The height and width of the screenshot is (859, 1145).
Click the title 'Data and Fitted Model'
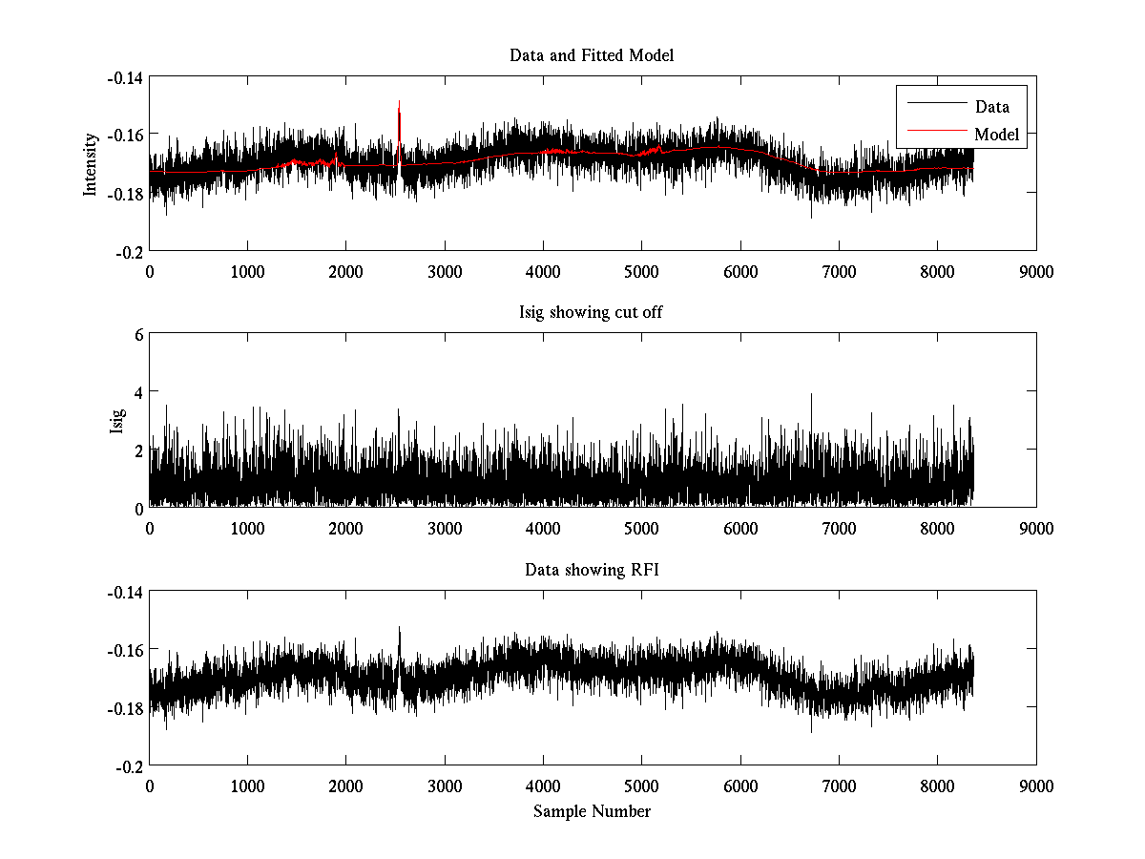click(592, 55)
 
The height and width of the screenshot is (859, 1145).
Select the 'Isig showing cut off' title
click(592, 313)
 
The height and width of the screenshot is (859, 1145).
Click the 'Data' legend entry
click(991, 107)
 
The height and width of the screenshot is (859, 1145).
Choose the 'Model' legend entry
click(996, 135)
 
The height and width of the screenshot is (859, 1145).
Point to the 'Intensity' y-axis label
click(91, 163)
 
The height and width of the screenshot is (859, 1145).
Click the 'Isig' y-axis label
click(117, 420)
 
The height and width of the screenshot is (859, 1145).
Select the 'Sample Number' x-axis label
click(592, 811)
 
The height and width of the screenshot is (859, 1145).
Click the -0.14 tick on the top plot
click(126, 77)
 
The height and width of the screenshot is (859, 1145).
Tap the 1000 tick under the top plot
click(247, 271)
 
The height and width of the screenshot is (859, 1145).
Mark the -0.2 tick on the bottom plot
click(129, 765)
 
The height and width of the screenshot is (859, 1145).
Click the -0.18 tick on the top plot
click(126, 193)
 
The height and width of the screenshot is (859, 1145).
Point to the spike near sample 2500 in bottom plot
click(399, 632)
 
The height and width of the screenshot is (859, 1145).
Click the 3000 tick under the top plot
click(445, 271)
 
